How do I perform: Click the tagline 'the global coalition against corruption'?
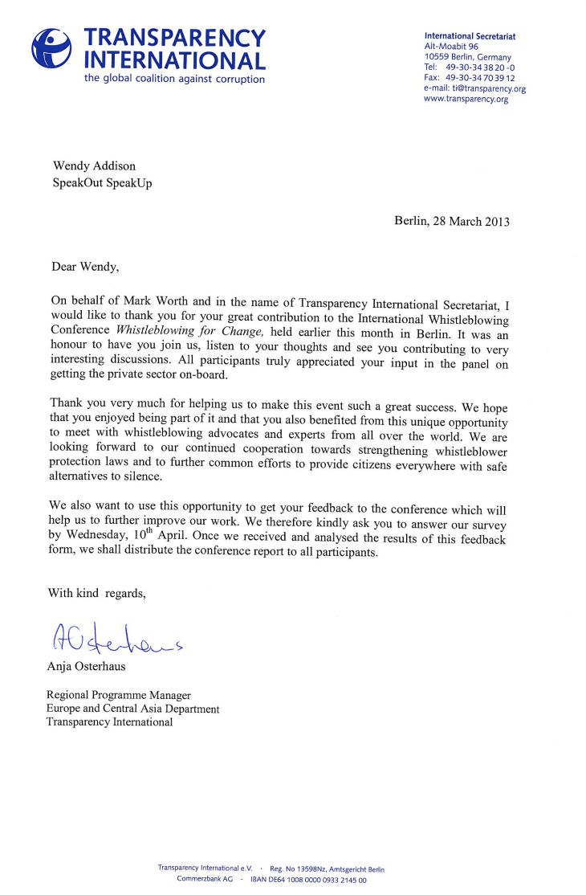pyautogui.click(x=174, y=79)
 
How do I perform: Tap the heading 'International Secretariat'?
pyautogui.click(x=470, y=36)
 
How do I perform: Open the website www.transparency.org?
pyautogui.click(x=466, y=100)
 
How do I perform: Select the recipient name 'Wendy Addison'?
pyautogui.click(x=93, y=166)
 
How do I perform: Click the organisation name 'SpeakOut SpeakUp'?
pyautogui.click(x=102, y=183)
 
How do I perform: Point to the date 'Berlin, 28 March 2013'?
pyautogui.click(x=451, y=221)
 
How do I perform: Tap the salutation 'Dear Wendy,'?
pyautogui.click(x=84, y=265)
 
